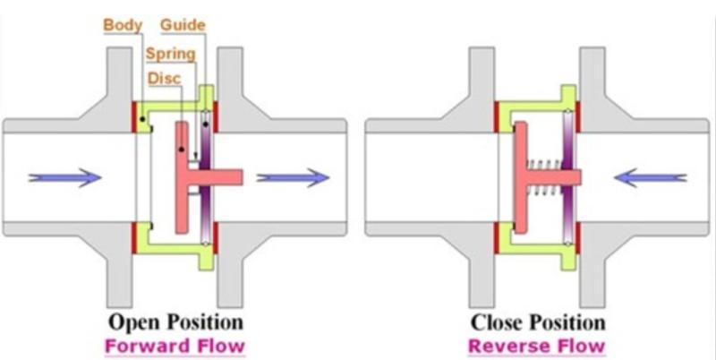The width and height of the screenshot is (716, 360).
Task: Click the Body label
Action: click(123, 25)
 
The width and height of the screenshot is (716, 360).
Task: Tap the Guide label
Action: click(183, 25)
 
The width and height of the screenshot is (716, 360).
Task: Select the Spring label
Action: click(171, 55)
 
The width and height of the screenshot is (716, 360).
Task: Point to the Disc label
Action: click(165, 79)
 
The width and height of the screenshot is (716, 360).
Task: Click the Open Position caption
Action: click(175, 322)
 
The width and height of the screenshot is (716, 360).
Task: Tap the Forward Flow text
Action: click(175, 346)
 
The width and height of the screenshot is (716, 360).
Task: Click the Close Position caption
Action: click(538, 322)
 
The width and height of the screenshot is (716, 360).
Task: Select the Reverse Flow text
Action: click(537, 346)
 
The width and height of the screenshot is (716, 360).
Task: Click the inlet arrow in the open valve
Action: click(64, 177)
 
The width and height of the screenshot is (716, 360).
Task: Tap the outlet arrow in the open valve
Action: click(293, 177)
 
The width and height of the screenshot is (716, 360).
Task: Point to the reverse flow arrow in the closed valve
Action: click(651, 177)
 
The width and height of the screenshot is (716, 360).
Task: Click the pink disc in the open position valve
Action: click(183, 177)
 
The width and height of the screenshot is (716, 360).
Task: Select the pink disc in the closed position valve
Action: click(521, 177)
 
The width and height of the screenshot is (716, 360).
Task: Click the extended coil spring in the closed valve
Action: click(544, 177)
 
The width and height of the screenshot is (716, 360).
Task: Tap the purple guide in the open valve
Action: click(206, 177)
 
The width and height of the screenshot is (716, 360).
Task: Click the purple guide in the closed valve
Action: click(568, 177)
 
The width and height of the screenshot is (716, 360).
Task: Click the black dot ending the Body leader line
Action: click(143, 119)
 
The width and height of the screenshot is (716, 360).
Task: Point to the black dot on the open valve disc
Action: click(182, 150)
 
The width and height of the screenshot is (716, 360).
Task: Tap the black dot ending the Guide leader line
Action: click(206, 124)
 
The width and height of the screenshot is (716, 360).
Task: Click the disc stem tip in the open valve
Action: click(241, 177)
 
